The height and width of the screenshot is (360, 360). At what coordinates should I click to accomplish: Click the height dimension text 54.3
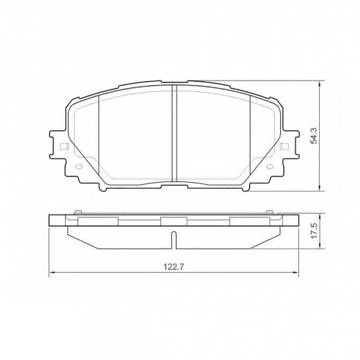(x=314, y=136)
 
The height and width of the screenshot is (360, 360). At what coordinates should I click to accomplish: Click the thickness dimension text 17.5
(x=314, y=231)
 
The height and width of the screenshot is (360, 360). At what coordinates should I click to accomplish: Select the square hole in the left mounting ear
(x=65, y=146)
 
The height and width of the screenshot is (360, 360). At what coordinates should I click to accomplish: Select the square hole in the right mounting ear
(x=283, y=146)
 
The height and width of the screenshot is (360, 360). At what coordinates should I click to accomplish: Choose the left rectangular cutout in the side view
(x=98, y=220)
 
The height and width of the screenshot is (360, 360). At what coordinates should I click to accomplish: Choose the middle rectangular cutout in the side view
(x=174, y=220)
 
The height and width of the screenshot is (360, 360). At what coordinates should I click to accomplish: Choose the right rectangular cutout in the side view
(x=249, y=220)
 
